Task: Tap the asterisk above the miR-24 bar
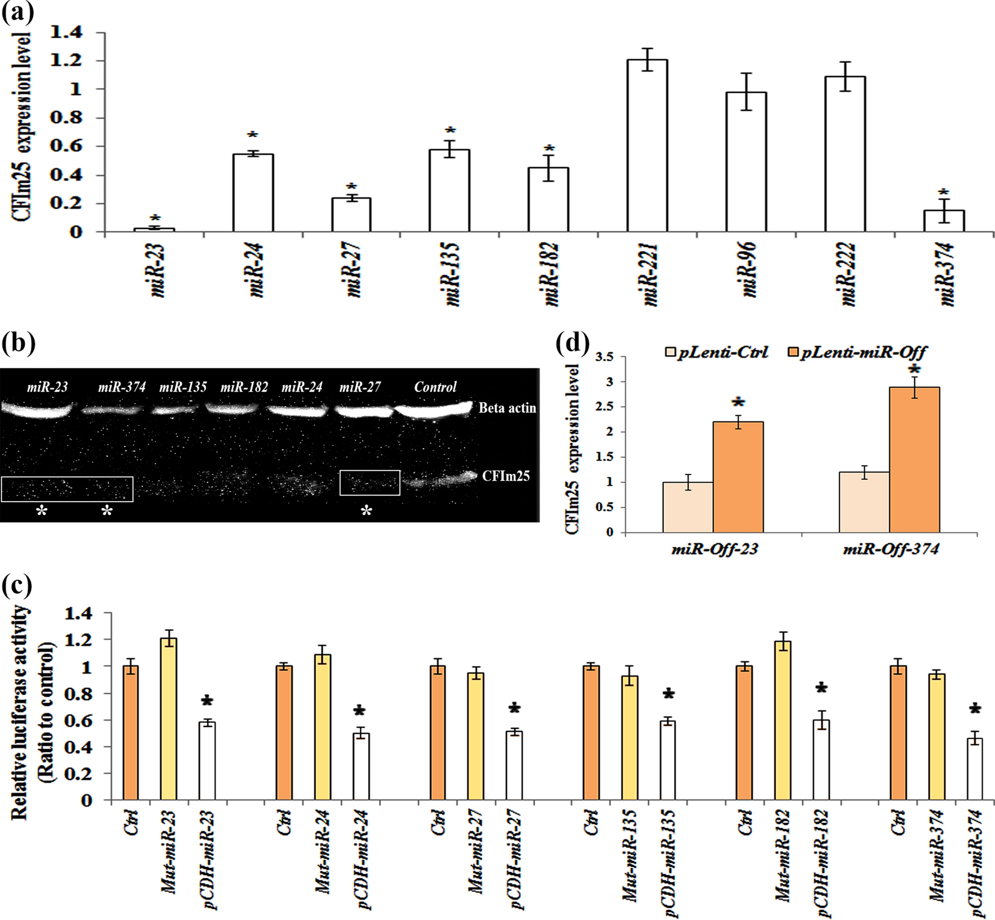coord(252,136)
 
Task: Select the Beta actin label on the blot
coord(507,408)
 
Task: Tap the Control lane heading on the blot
coord(435,387)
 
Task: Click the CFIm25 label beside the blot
coord(505,476)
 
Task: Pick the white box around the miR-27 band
coord(369,482)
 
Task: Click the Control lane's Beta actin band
coord(433,409)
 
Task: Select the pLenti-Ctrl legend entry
coord(717,353)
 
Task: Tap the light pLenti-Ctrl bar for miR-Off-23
coord(688,507)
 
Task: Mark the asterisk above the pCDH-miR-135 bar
coord(668,694)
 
